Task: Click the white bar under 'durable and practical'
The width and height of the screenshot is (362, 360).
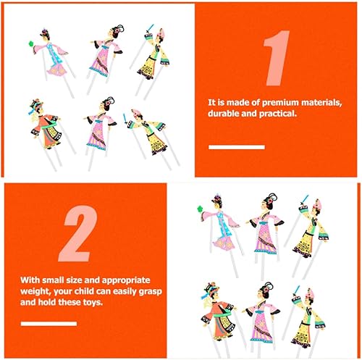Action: click(x=237, y=147)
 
